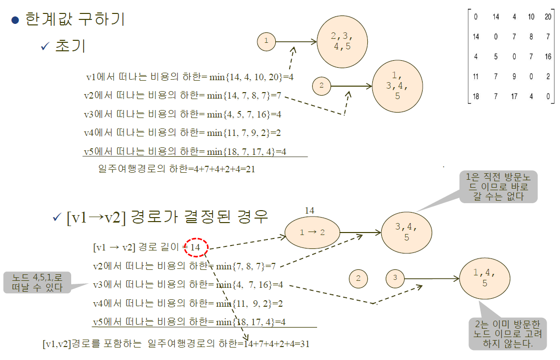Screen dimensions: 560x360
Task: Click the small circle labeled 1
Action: (266, 41)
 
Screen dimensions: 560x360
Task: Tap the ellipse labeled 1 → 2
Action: (312, 233)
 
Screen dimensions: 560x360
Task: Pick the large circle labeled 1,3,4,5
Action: (397, 87)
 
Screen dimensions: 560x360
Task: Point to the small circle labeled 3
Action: (395, 278)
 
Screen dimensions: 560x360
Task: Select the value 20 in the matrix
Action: (548, 17)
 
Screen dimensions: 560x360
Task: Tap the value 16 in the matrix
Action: (548, 57)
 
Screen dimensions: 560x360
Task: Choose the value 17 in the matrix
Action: (514, 97)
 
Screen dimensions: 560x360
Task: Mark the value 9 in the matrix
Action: (514, 77)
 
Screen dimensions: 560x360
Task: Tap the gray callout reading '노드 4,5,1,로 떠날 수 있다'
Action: (36, 282)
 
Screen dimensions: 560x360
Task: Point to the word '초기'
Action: (71, 46)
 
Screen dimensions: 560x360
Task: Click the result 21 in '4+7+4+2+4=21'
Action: (250, 169)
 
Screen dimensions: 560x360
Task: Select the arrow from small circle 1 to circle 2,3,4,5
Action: (296, 42)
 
